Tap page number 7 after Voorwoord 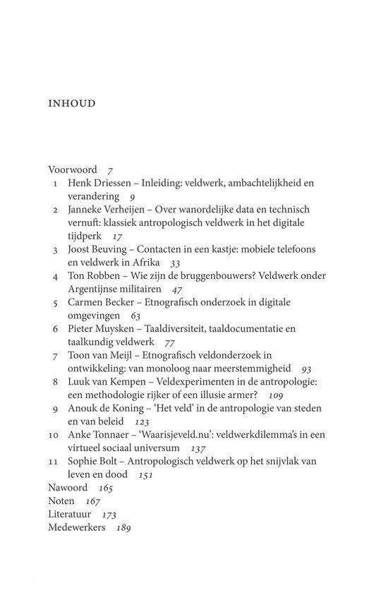[111, 170]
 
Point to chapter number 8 [54, 382]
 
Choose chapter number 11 [54, 462]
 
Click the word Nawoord [68, 488]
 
